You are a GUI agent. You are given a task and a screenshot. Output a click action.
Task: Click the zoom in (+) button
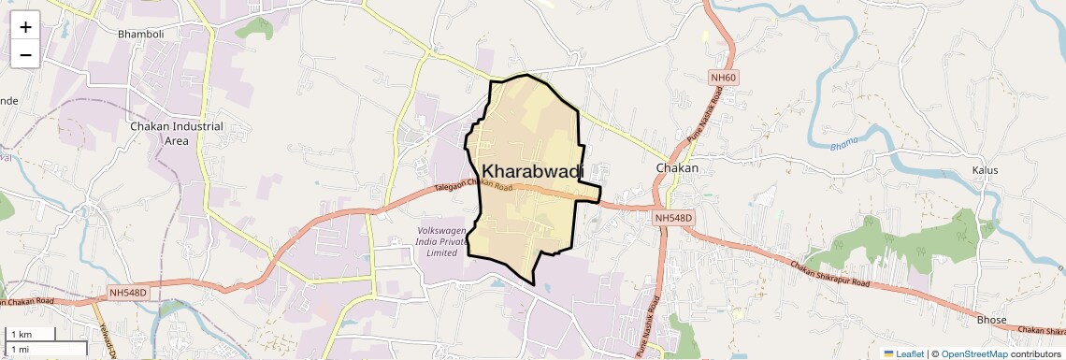point(25,27)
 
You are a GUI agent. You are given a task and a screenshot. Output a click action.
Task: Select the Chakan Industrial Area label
point(177,134)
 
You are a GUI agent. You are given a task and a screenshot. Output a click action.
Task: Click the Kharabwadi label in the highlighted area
point(532,171)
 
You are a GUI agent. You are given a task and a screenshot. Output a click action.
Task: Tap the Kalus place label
point(985,170)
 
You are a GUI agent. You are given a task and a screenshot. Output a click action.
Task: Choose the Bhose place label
point(991,320)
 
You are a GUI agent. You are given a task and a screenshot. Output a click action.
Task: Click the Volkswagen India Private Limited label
point(441,241)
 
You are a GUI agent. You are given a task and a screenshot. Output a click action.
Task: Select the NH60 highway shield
point(724,79)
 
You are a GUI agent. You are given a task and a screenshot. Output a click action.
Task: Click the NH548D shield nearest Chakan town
point(672,218)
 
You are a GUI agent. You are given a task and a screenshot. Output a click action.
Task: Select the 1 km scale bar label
point(21,334)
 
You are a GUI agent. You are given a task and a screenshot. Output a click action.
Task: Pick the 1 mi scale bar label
point(20,349)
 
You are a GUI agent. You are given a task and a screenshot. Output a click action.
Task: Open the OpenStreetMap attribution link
point(973,353)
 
